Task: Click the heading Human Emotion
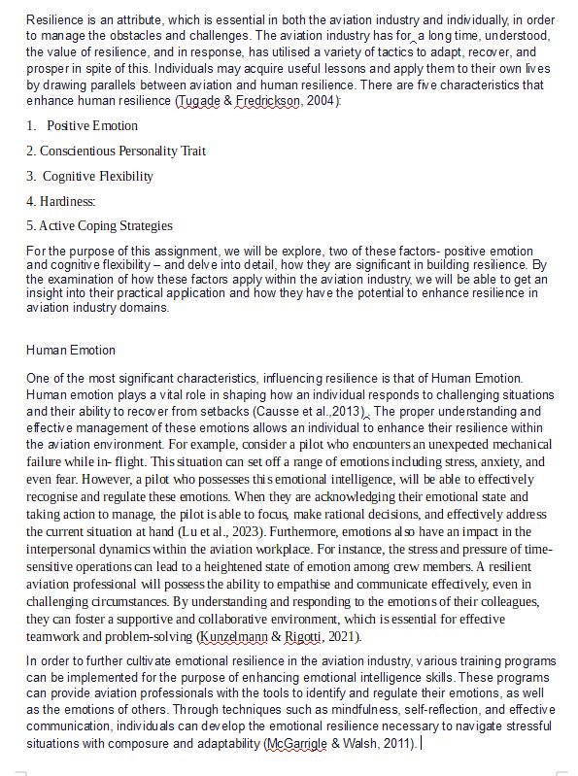click(x=71, y=350)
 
